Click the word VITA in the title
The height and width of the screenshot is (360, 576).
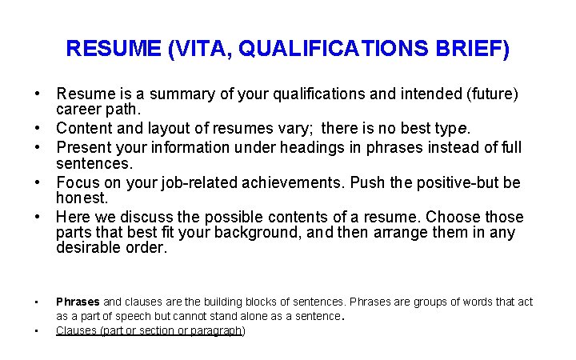pos(200,50)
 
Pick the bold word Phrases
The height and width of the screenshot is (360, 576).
pos(78,302)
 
